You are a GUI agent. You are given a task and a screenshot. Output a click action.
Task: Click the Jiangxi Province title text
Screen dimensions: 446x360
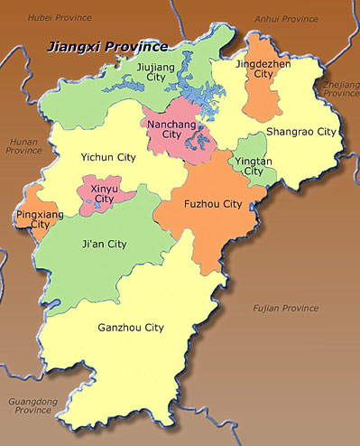click(x=107, y=46)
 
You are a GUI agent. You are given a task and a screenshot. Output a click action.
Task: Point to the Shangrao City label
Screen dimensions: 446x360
click(x=300, y=132)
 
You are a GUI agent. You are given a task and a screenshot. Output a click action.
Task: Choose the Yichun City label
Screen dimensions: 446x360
click(x=107, y=157)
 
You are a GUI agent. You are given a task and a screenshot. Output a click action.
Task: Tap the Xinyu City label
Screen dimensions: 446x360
click(x=104, y=192)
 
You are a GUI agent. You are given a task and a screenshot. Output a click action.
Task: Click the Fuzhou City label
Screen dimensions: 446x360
click(x=212, y=204)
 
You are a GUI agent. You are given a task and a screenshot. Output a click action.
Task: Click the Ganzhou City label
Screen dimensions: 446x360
click(x=131, y=328)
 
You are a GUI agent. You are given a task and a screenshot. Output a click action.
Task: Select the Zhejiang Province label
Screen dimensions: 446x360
click(x=340, y=88)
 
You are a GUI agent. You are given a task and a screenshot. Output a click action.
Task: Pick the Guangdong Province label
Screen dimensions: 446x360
click(x=32, y=405)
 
